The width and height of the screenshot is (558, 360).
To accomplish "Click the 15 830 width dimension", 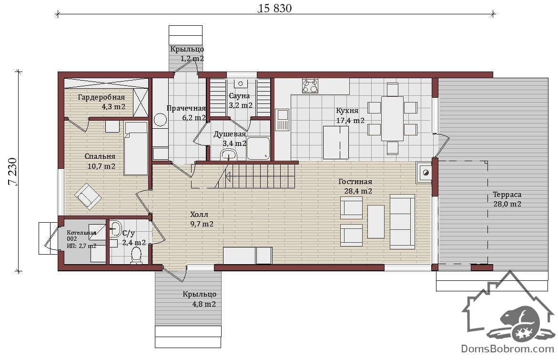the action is click(x=275, y=8).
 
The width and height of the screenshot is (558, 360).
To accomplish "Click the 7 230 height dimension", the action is click(x=12, y=172).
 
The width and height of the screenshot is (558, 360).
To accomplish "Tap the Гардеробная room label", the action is click(x=101, y=97).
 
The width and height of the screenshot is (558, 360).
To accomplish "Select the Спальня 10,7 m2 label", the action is click(x=101, y=161).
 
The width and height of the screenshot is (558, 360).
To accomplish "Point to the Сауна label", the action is click(x=239, y=96).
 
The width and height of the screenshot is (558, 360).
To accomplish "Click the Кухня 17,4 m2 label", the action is click(x=350, y=115).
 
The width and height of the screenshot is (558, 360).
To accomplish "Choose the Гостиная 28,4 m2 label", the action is click(x=356, y=186).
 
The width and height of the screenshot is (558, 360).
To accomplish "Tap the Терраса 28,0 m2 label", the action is click(x=507, y=199).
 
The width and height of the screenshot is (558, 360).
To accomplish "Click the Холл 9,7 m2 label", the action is click(x=202, y=219).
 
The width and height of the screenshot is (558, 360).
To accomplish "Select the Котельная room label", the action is click(x=81, y=233).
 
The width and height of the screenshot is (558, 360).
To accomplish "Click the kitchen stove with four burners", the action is click(x=310, y=86).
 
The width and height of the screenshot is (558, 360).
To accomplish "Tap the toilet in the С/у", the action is click(x=136, y=256).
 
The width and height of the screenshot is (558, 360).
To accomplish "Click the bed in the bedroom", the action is click(x=136, y=148).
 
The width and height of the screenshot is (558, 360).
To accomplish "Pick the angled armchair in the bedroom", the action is click(x=88, y=196).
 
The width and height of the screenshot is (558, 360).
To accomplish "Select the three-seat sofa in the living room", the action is click(x=402, y=222).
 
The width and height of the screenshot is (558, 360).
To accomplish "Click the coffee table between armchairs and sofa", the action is click(x=376, y=222).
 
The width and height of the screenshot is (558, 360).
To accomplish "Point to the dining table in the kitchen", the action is click(x=392, y=119).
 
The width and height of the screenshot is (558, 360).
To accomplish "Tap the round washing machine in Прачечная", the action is click(x=160, y=120).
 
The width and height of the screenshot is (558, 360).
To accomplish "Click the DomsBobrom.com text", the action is click(x=507, y=349).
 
